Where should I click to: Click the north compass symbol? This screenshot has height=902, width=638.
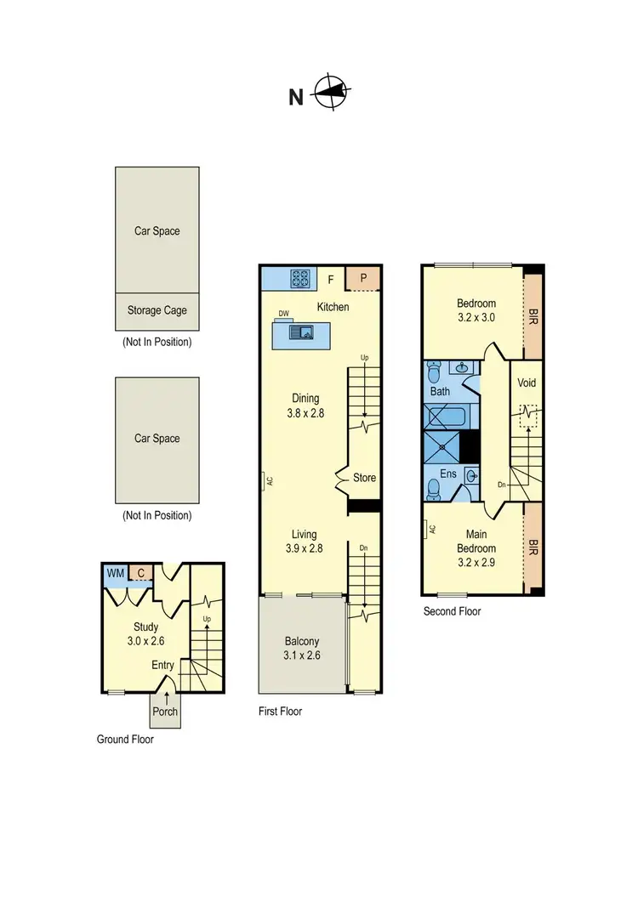[x=333, y=92]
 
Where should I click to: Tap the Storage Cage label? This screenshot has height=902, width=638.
[x=157, y=310]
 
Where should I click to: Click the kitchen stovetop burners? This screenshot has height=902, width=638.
[x=301, y=277]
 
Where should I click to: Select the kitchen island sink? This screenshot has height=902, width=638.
[x=302, y=332]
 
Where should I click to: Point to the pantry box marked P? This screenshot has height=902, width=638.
[x=363, y=278]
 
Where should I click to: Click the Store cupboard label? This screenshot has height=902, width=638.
[x=364, y=478]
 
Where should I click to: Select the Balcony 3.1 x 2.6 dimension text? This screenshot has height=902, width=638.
[x=304, y=655]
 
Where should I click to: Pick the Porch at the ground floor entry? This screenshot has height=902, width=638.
[x=165, y=711]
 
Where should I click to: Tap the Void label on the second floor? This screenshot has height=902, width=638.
[x=527, y=383]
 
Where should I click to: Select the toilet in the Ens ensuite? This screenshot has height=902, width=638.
[x=435, y=487]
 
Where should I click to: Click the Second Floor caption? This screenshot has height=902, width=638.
[x=452, y=611]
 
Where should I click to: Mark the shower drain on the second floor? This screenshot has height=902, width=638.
[x=442, y=445]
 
